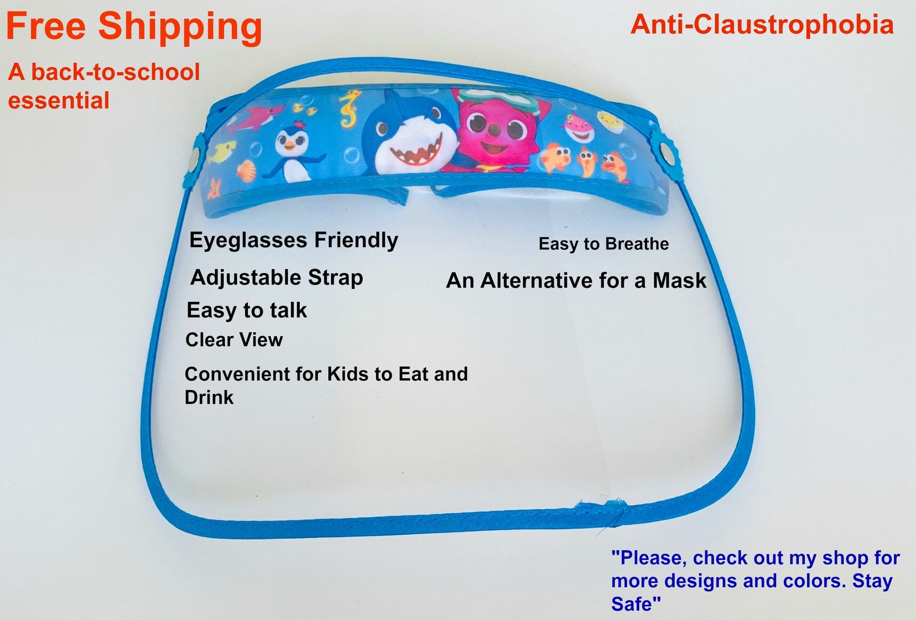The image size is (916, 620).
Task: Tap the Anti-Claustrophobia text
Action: point(762,25)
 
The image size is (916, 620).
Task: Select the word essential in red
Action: point(59,100)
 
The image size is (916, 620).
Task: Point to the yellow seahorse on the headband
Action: point(351,108)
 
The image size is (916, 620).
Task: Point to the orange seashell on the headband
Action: point(246,169)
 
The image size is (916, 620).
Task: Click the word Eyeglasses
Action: point(248,240)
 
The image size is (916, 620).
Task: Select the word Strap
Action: point(335,278)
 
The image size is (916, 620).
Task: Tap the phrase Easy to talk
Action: point(246,311)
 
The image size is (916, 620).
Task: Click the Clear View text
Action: point(234,340)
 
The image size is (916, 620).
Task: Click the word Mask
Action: point(680,281)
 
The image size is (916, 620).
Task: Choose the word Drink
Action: point(209,397)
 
